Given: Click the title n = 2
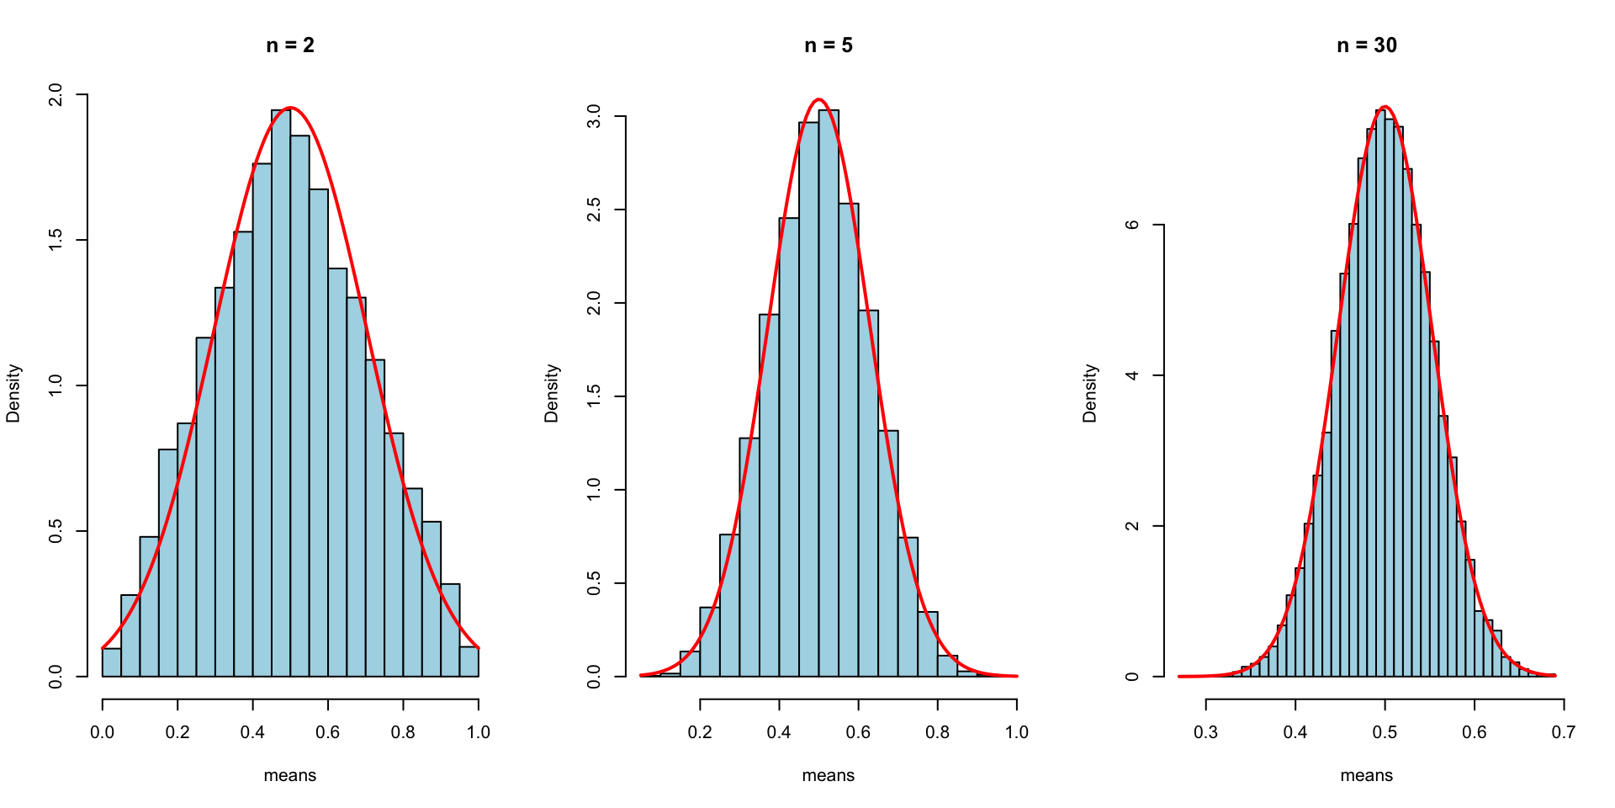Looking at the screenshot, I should pos(290,45).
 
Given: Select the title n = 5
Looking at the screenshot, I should pos(829,45).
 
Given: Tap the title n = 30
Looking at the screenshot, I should pos(1367,45).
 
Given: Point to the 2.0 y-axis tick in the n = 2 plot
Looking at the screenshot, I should pos(56,95).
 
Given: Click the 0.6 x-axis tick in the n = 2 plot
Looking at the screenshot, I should pos(328,732).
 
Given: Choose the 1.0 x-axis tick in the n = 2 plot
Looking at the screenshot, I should pos(478,732).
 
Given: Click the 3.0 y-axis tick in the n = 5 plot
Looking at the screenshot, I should pos(594,116).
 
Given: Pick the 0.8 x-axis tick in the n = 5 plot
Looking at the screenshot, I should pos(937,732).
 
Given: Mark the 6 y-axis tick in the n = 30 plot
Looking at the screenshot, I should pos(1132,225).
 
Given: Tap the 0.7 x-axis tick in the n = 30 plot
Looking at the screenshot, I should pos(1563,732).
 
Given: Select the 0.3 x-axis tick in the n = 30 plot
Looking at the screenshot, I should pos(1205,732).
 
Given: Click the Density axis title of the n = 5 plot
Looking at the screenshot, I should pos(552,393).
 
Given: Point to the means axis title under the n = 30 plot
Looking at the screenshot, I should pos(1367,775).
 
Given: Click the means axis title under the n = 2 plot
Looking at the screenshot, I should pos(290,775).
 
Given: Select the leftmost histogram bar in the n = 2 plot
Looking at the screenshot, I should pos(112,662).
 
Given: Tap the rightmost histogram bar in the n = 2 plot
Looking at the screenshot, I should pos(469,662).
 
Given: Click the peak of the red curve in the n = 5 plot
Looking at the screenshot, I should pos(819,99).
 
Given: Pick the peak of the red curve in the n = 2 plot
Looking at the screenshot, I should pos(290,108).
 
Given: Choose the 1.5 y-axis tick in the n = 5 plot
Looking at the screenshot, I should pos(594,396).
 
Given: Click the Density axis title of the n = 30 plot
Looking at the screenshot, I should pos(1090,393).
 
